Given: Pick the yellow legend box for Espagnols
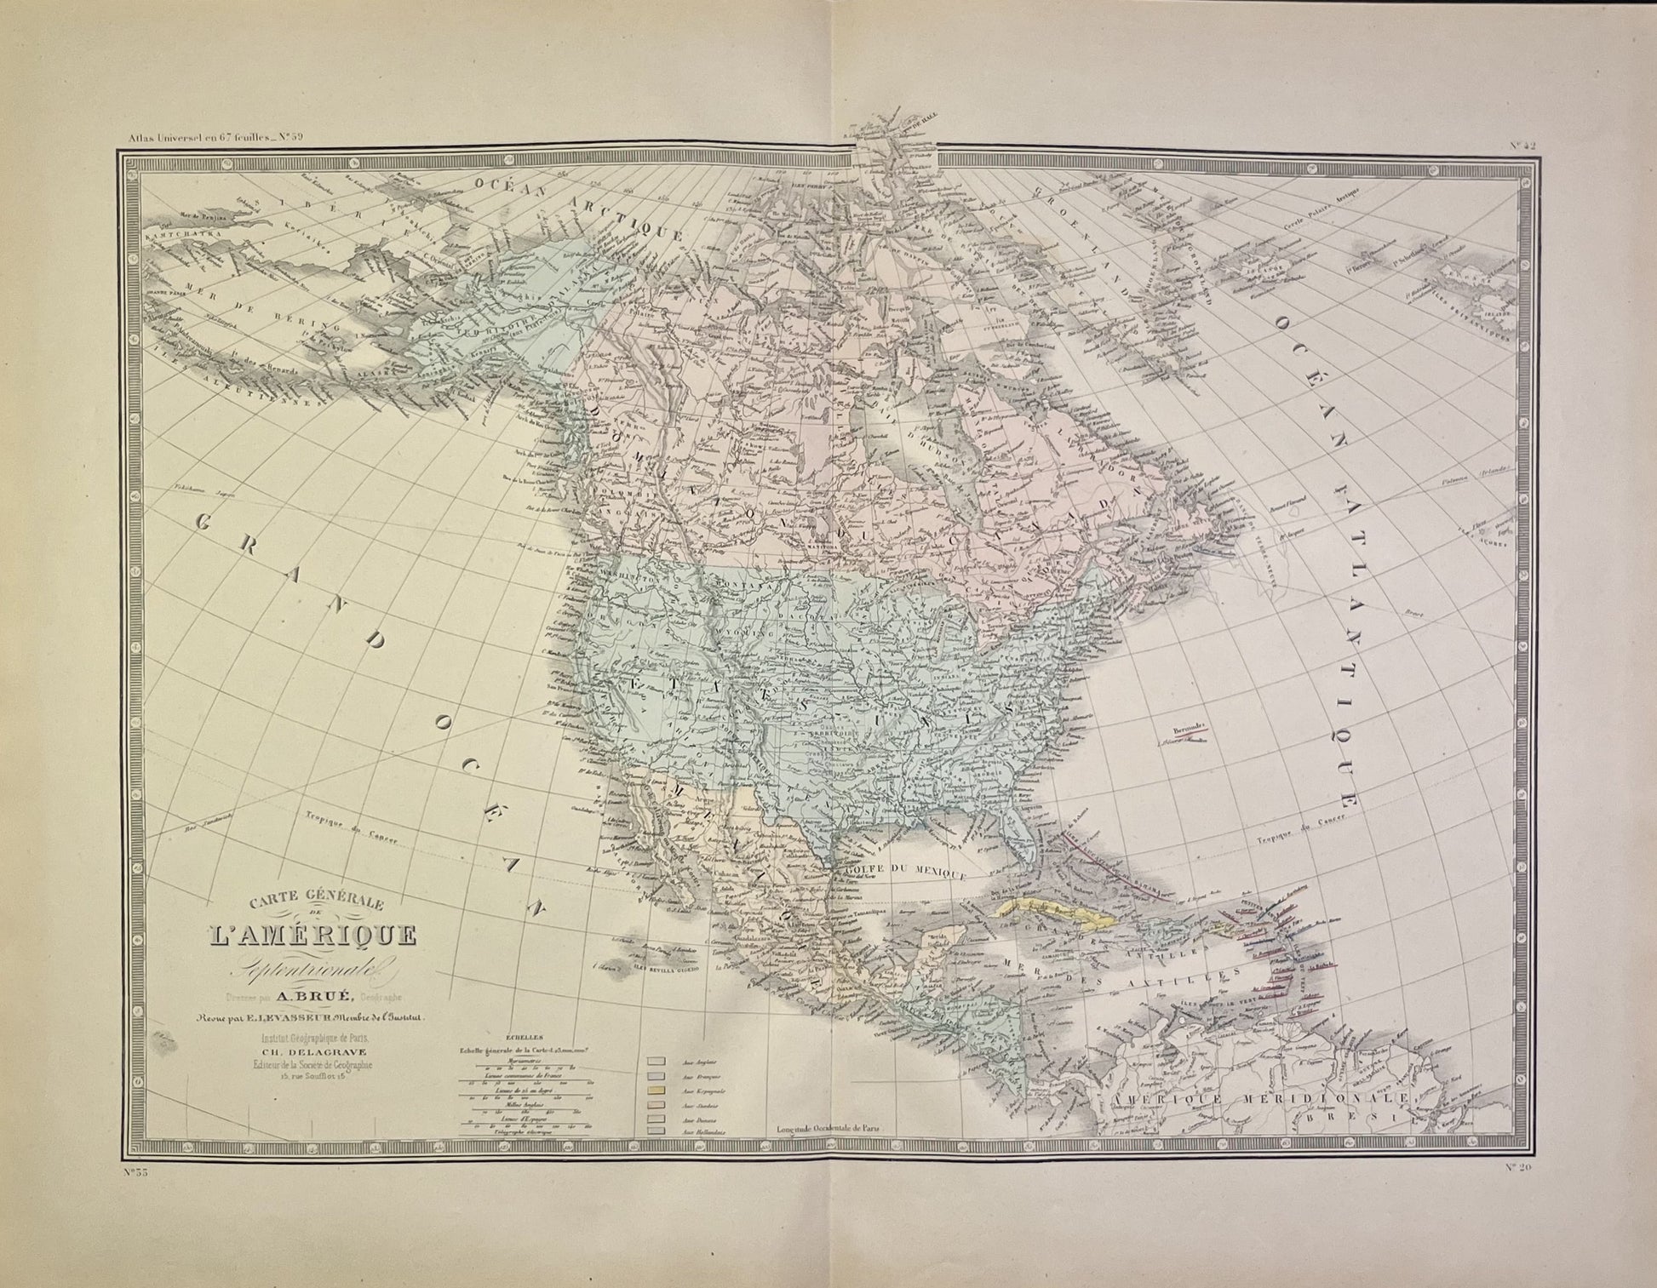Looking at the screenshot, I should click(656, 1090).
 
